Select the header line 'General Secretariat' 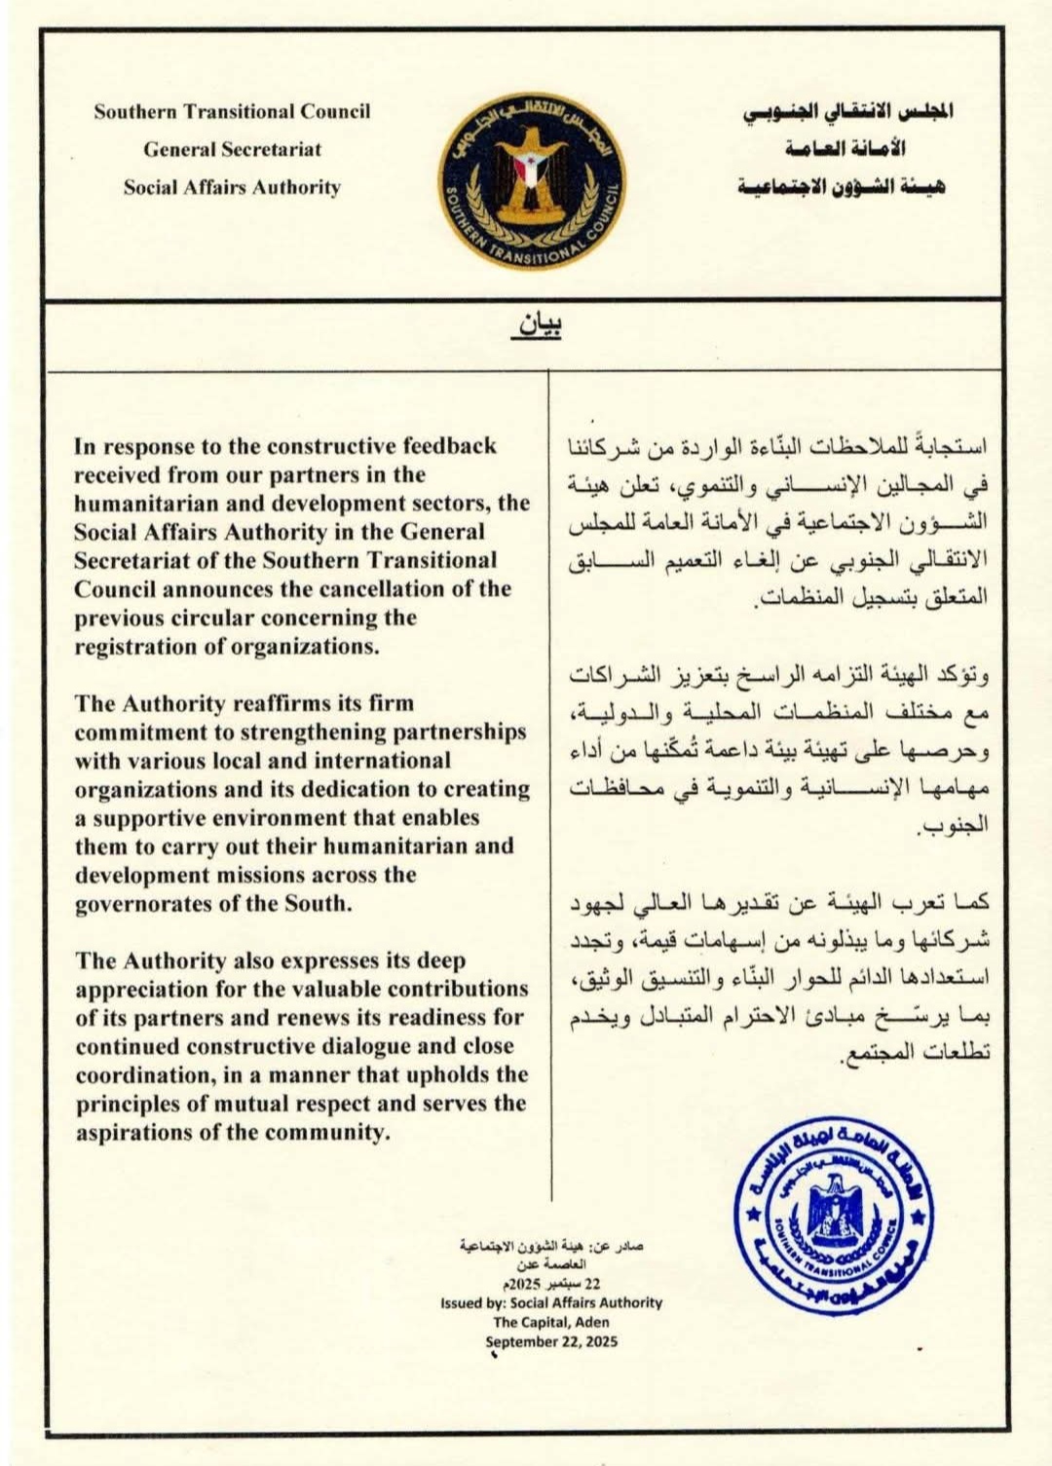232,149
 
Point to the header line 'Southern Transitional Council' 232,111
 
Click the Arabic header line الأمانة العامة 845,148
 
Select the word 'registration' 137,646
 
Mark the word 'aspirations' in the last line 135,1132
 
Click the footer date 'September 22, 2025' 551,1341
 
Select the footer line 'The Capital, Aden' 551,1322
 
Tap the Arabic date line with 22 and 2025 551,1284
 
